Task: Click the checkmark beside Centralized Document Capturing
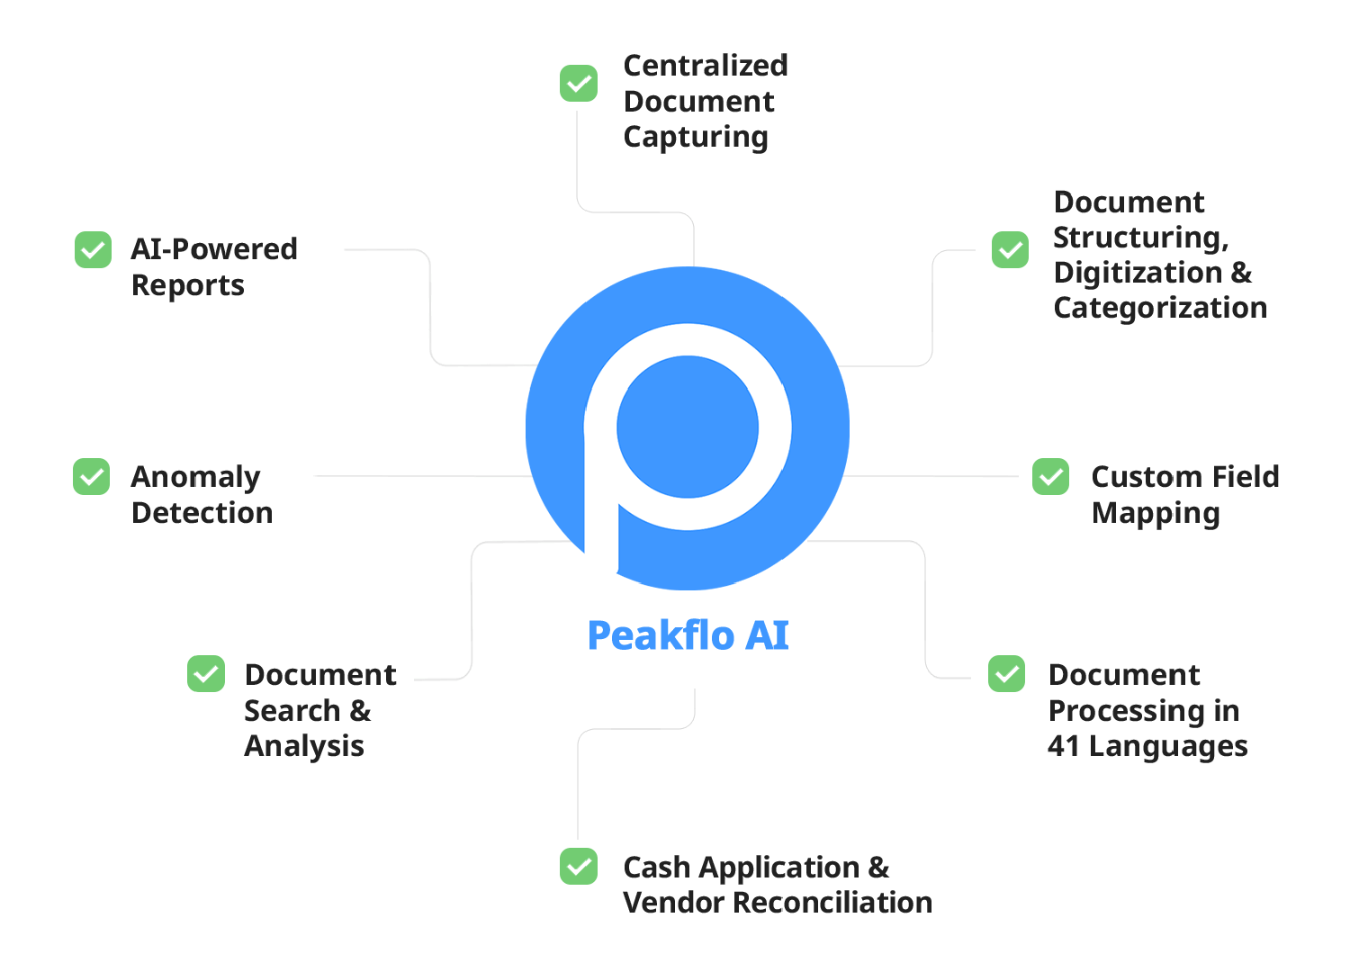coord(579,84)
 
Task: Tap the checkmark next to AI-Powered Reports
coord(93,250)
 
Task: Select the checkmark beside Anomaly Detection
coord(92,477)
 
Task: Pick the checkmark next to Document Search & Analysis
coord(206,674)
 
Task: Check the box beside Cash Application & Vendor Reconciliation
coord(579,867)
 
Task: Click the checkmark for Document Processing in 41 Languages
coord(1006,674)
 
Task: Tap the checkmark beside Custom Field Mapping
coord(1050,477)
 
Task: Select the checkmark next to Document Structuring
coord(1011,250)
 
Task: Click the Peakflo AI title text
coord(688,635)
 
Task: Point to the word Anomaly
coord(195,477)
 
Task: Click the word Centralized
coord(706,66)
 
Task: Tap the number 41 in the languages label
coord(1063,746)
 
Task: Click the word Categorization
coord(1160,308)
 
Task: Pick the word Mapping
coord(1156,513)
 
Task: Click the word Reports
coord(188,285)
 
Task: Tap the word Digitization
coord(1138,273)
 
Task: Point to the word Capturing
coord(696,137)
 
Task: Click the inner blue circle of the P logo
coord(688,427)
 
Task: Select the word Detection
coord(202,513)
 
